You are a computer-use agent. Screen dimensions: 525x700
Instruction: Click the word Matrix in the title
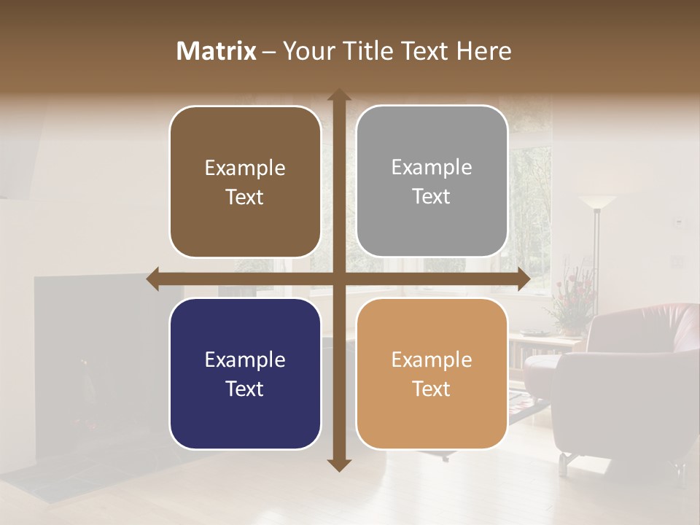tap(217, 51)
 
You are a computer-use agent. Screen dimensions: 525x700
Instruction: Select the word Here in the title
tap(483, 51)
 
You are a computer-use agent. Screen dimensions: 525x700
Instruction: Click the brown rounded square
tap(245, 182)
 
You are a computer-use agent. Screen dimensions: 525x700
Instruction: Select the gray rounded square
tap(432, 181)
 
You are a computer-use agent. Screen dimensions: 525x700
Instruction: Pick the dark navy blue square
tap(245, 374)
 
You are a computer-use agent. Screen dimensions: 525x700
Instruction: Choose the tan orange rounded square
tap(432, 373)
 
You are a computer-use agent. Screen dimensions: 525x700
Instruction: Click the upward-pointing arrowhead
tap(338, 96)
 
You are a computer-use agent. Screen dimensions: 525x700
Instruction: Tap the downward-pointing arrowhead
tap(338, 464)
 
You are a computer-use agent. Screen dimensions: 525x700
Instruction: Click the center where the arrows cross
tap(338, 279)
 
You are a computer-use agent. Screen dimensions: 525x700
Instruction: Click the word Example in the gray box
tap(432, 167)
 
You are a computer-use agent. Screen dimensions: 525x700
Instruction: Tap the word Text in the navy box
tap(245, 389)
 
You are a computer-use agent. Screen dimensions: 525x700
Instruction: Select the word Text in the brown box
tap(245, 197)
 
